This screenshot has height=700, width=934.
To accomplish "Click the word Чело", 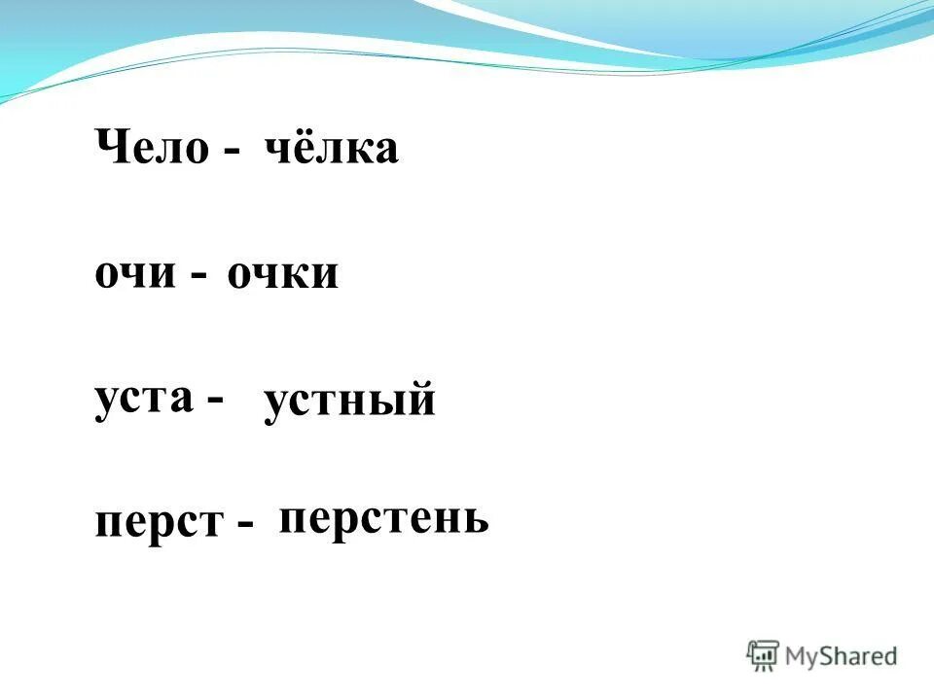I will [x=152, y=149].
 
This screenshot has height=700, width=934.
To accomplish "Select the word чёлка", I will [x=331, y=149].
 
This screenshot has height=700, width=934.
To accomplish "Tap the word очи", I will [x=135, y=275].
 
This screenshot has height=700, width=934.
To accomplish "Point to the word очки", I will [x=283, y=275].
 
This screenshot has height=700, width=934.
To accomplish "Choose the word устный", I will [x=349, y=402].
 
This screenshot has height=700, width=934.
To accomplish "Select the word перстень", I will [x=383, y=519].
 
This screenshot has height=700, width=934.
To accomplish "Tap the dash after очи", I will [x=198, y=278].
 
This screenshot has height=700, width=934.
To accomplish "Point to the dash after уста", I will [x=214, y=401].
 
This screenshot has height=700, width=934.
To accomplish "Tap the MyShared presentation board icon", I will [x=764, y=655].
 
